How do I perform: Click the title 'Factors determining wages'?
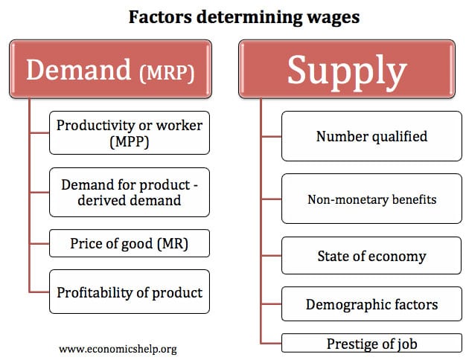click(244, 17)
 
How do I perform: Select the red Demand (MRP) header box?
click(111, 69)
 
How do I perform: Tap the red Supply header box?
click(347, 69)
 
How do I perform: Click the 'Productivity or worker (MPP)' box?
click(130, 133)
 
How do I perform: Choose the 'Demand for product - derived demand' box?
click(130, 192)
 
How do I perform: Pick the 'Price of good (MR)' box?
click(130, 243)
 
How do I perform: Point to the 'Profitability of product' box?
click(130, 292)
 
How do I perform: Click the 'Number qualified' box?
click(371, 136)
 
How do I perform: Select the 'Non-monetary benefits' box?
click(371, 199)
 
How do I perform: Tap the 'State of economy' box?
click(371, 255)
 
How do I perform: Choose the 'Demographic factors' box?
click(371, 304)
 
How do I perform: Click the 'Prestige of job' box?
click(371, 343)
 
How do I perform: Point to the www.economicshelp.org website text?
click(118, 349)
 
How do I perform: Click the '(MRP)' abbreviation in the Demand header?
click(167, 72)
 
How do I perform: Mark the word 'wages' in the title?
click(333, 18)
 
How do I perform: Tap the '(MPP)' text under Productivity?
click(130, 141)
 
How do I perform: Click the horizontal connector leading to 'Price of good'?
click(39, 243)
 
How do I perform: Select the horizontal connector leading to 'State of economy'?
click(272, 255)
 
